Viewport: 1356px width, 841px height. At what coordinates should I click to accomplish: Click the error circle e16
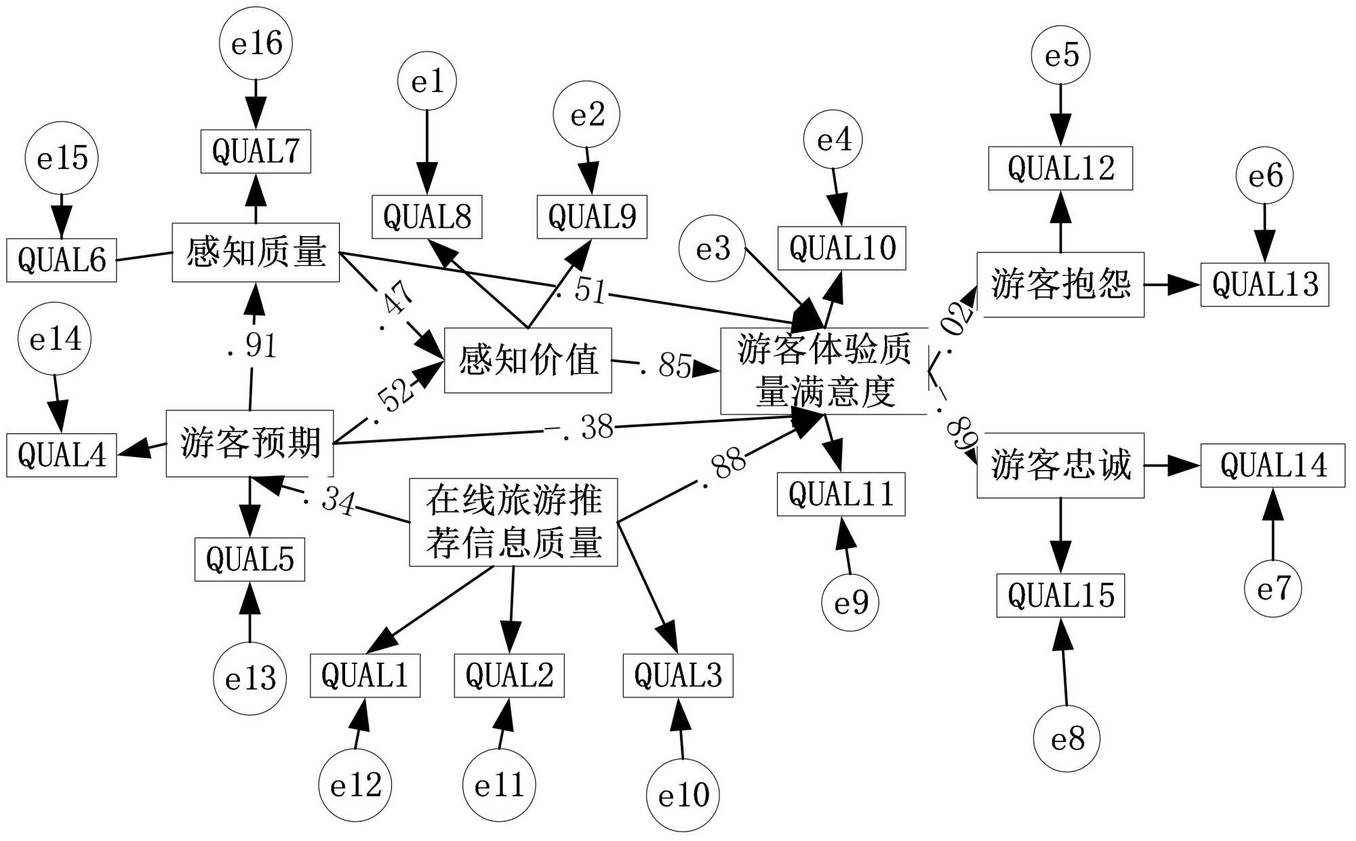click(256, 43)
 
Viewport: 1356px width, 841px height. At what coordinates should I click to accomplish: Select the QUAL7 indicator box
click(256, 151)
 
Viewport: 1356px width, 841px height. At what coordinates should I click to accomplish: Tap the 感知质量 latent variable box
click(256, 252)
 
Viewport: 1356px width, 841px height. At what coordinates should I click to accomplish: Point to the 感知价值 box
click(527, 360)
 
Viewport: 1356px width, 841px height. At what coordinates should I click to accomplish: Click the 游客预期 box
click(250, 443)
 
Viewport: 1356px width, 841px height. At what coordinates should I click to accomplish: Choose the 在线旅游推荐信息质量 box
click(513, 522)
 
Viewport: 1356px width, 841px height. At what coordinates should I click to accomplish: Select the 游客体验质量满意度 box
click(824, 371)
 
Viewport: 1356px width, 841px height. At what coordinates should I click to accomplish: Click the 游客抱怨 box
click(1060, 284)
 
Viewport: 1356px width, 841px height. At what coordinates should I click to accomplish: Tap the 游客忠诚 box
click(1060, 465)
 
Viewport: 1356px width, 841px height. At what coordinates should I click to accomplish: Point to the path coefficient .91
click(252, 346)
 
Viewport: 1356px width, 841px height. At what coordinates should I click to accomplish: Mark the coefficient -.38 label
click(580, 427)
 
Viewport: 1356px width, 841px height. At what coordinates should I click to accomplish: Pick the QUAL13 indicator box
click(1264, 285)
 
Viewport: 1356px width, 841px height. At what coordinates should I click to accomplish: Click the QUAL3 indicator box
click(678, 676)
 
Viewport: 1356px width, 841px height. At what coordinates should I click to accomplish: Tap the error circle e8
click(1066, 739)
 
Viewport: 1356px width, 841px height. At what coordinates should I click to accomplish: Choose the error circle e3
click(712, 249)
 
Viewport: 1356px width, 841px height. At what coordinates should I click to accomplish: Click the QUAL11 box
click(841, 494)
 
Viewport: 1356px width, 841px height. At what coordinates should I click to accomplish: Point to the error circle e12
click(355, 785)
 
